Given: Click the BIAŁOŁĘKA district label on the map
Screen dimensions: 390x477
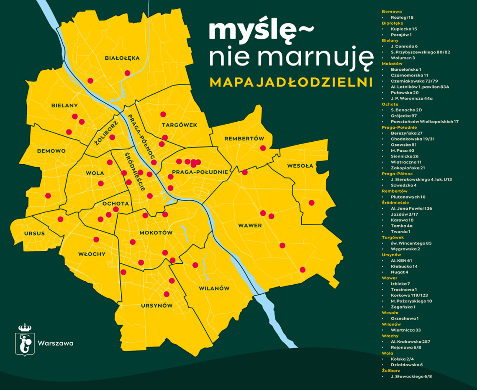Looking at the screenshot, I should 122,58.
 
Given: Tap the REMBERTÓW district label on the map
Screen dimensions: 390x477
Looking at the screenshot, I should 244,138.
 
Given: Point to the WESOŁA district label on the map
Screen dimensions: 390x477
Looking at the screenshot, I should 300,166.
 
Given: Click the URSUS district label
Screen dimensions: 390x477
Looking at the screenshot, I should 34,234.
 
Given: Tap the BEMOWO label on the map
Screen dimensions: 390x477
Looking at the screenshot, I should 51,150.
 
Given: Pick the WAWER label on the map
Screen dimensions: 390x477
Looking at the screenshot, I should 250,226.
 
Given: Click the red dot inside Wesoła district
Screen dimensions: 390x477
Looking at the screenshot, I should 311,203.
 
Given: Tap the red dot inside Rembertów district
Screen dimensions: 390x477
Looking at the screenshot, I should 263,148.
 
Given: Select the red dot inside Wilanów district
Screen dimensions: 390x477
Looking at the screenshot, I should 195,265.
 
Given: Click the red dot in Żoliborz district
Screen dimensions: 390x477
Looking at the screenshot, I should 112,137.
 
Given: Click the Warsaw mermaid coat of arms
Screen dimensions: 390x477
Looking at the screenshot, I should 25,340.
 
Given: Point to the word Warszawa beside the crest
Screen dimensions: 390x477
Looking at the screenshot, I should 56,344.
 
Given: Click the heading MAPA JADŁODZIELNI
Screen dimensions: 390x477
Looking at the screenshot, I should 291,82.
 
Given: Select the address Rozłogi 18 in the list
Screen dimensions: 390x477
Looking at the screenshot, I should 402,18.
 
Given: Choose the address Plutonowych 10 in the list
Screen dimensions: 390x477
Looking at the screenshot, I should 408,196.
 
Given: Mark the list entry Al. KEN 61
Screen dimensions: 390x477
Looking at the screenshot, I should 401,260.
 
